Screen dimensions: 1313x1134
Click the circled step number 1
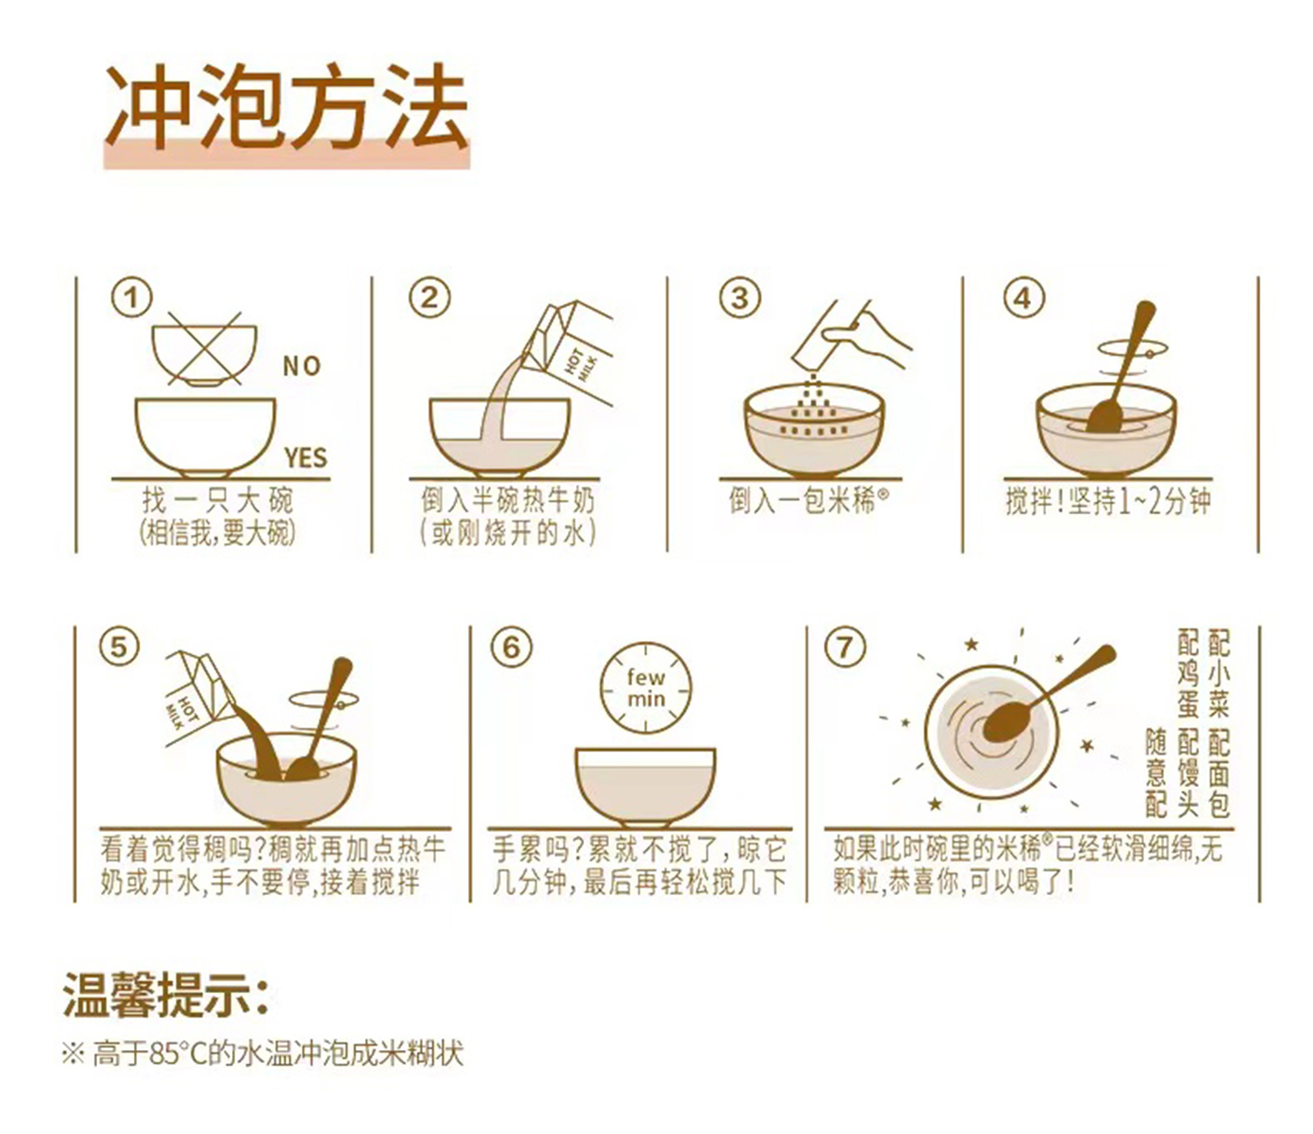click(132, 298)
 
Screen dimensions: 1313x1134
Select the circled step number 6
click(511, 648)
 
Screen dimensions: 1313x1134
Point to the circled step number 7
click(844, 648)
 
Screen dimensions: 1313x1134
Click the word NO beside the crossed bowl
click(302, 366)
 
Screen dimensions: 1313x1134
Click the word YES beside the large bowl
click(305, 458)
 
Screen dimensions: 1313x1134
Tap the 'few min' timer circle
click(645, 687)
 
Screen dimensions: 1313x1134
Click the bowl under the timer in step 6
click(645, 787)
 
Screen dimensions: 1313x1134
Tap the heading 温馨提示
click(165, 994)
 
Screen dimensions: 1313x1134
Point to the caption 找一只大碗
click(217, 500)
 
